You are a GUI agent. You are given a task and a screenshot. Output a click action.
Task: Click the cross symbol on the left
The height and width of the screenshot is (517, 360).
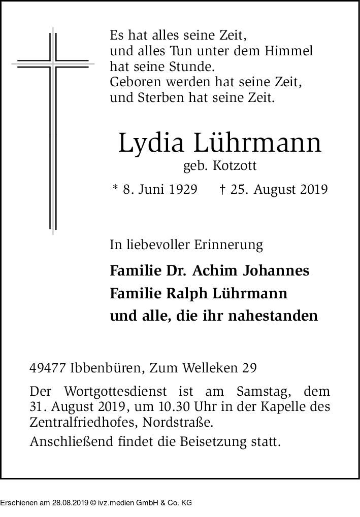tap(53, 64)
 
